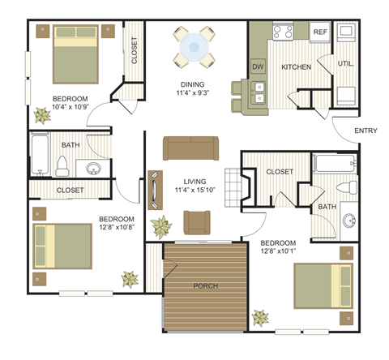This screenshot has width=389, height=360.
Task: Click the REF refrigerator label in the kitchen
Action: pos(320,32)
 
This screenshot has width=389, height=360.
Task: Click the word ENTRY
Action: pos(366,131)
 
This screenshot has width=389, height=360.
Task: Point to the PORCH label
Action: pos(205,286)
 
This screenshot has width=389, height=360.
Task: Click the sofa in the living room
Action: pos(191,148)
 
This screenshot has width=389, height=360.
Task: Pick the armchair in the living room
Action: pos(197,221)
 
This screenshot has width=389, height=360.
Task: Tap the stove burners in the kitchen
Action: pos(283,32)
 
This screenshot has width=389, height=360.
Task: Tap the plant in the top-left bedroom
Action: pos(41,113)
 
